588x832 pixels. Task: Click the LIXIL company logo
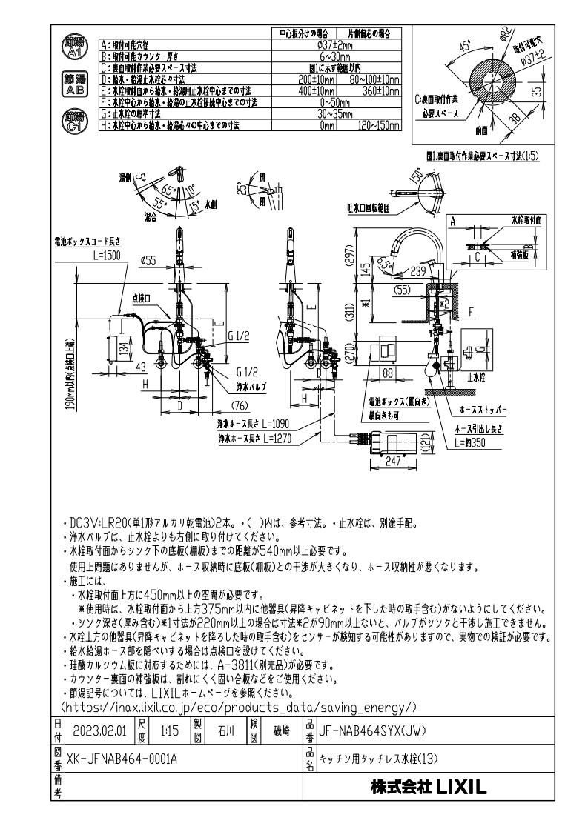[429, 788]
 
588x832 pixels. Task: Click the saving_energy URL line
[239, 708]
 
